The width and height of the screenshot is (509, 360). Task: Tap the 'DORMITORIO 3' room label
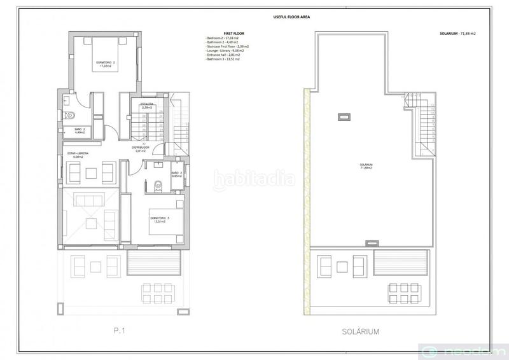[160, 219]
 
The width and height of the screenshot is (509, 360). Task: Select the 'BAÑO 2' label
[80, 130]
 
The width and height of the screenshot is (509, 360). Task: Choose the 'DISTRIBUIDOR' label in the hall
[141, 149]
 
